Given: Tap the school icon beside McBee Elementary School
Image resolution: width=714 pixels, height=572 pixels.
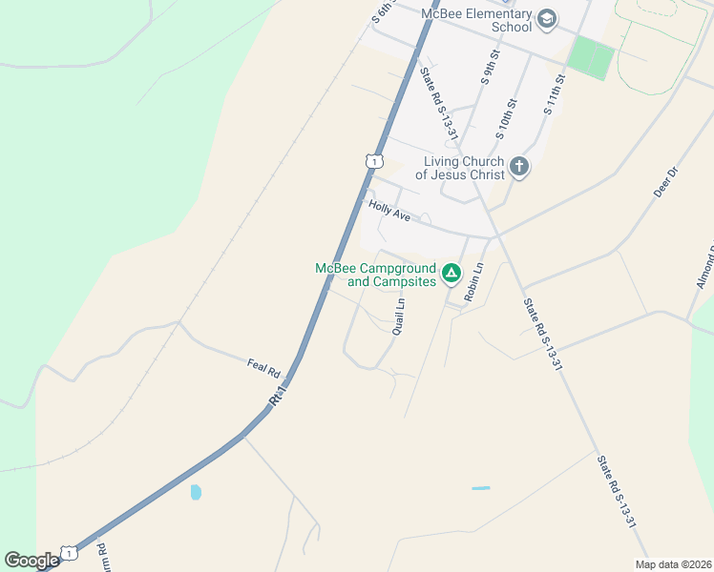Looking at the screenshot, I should (547, 18).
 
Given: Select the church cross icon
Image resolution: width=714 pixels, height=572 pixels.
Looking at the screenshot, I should (518, 168).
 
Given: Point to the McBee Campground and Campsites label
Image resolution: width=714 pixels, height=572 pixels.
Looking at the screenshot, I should (376, 275).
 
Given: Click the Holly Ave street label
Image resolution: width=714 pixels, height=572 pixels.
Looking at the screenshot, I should (388, 211).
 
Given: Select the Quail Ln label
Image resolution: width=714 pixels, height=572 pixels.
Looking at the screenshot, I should (399, 317).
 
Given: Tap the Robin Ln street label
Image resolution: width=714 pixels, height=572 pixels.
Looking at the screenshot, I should (472, 283).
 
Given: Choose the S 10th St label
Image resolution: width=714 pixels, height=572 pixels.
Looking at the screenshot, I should (506, 116).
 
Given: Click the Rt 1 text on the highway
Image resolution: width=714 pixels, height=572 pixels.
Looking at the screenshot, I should (279, 392).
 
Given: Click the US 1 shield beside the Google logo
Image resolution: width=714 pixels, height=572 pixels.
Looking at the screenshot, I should (69, 553).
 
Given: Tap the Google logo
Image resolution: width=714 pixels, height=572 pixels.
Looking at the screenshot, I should (31, 561).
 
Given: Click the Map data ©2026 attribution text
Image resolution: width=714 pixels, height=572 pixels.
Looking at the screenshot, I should (672, 564).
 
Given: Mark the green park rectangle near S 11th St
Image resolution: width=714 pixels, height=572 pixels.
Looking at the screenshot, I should (591, 58).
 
